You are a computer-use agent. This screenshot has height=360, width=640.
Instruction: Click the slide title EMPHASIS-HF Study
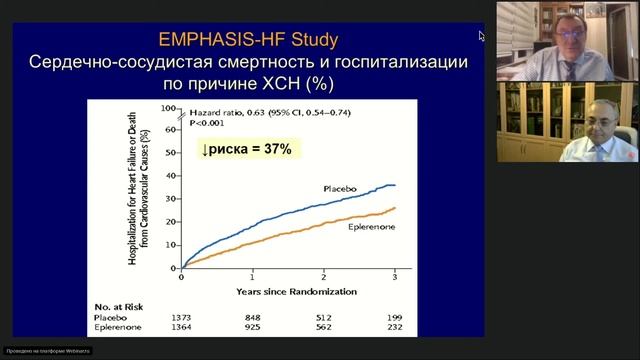click(x=248, y=41)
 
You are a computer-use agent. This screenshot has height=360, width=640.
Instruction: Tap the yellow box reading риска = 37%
click(x=245, y=149)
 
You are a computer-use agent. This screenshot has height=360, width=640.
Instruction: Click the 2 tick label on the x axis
click(x=324, y=276)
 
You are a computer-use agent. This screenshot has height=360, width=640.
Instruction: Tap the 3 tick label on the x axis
click(x=395, y=276)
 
